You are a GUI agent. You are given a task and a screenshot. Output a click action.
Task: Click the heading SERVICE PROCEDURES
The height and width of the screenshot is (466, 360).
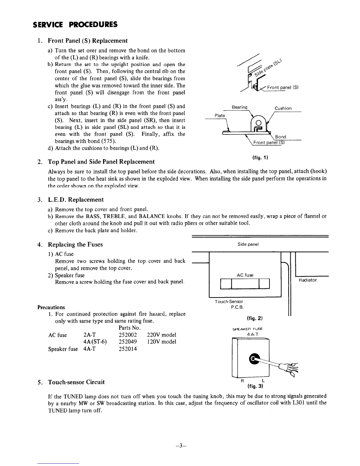75,24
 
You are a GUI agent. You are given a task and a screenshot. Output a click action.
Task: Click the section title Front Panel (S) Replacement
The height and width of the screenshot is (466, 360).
87,41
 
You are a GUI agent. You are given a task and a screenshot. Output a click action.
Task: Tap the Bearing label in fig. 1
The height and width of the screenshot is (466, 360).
239,107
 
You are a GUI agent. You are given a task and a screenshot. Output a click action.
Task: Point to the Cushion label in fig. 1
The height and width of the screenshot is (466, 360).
283,108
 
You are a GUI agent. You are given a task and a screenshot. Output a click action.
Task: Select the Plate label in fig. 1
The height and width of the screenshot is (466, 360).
219,116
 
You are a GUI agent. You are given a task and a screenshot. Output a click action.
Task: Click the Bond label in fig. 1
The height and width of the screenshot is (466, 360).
280,137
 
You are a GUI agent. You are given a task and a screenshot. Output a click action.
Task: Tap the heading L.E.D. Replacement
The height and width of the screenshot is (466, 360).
76,200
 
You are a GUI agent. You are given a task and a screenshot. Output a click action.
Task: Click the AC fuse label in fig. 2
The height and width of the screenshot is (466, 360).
245,275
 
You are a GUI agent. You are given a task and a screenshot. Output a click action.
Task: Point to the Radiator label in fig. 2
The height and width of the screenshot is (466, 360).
308,280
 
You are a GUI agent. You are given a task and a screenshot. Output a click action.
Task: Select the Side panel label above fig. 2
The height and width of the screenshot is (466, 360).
248,244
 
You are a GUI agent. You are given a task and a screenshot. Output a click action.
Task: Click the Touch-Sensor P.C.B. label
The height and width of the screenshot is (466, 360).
229,304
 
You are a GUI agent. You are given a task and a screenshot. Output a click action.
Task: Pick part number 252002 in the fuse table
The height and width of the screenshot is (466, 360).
128,335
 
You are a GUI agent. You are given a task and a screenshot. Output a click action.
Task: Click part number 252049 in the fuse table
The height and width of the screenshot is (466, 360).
128,342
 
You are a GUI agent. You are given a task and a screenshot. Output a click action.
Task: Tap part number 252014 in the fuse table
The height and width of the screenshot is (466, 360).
128,349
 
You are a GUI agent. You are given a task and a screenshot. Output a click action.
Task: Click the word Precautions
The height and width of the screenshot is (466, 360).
51,307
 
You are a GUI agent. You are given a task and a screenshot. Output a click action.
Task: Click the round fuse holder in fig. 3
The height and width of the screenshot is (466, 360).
254,358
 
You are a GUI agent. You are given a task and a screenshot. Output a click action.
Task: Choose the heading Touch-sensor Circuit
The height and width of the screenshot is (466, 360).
76,382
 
